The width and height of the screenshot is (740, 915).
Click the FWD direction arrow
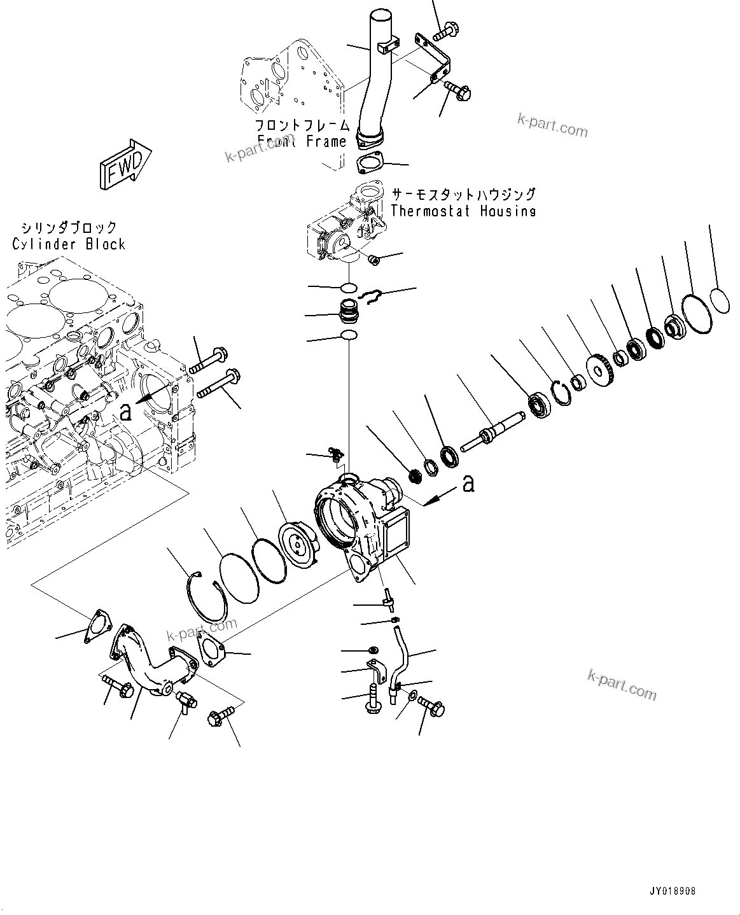(125, 166)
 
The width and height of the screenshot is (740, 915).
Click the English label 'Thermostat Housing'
(463, 211)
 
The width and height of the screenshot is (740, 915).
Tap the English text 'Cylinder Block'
(69, 244)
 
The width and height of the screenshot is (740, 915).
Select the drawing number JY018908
(673, 891)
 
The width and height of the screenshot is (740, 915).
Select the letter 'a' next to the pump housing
(468, 484)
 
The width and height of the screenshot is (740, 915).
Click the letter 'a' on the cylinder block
(126, 412)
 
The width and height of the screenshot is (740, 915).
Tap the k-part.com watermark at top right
(552, 126)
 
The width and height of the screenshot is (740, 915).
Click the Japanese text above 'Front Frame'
(302, 125)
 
